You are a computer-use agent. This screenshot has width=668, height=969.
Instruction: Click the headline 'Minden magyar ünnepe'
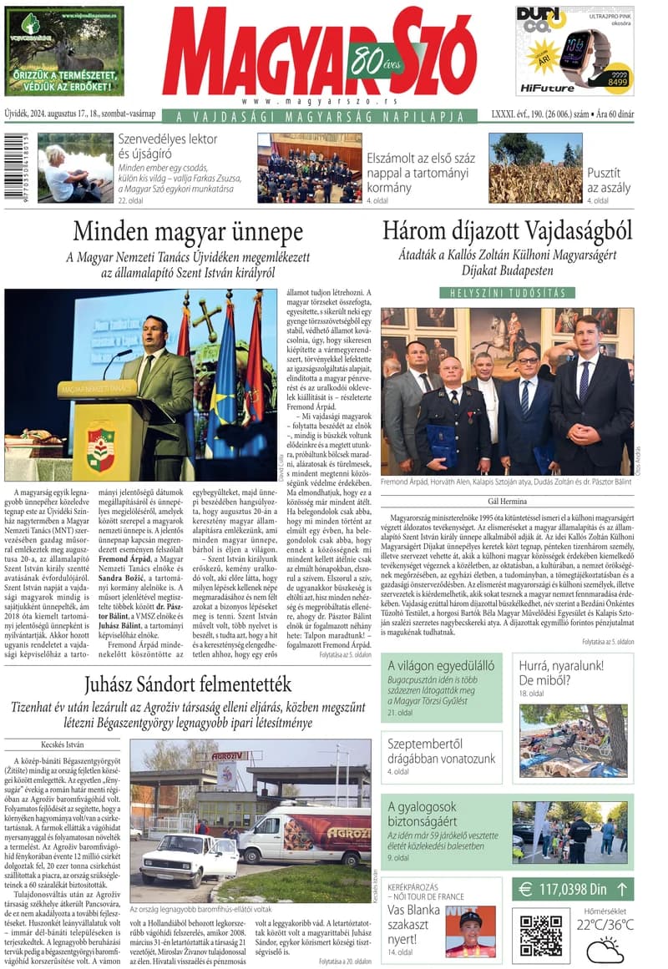coord(187,231)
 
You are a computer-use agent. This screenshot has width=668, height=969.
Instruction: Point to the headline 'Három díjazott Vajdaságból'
coord(507,230)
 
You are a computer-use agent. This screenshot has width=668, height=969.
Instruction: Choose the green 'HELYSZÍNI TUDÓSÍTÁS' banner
coord(508,293)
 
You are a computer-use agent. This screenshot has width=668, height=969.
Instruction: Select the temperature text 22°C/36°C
coord(605,924)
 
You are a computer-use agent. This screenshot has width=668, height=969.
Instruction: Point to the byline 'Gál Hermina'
coord(507,501)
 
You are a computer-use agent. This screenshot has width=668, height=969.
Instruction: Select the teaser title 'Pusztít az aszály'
coord(609,179)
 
